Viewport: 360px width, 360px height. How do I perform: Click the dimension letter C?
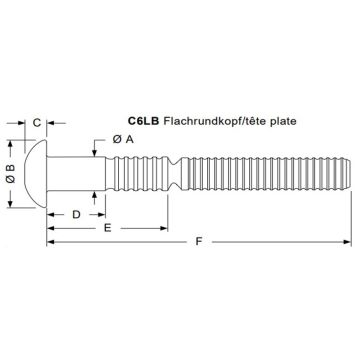tap(37, 123)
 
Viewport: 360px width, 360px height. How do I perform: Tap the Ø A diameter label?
tap(123, 139)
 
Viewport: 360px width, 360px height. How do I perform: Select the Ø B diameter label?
tap(11, 173)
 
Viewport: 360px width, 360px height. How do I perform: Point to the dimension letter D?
tap(77, 215)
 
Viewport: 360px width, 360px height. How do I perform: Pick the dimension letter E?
tap(107, 228)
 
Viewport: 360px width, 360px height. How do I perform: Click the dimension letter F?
tap(199, 241)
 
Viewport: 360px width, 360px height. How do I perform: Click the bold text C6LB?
tap(144, 121)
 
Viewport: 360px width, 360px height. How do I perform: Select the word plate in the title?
tap(284, 121)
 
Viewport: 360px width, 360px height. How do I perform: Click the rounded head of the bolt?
tap(36, 174)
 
